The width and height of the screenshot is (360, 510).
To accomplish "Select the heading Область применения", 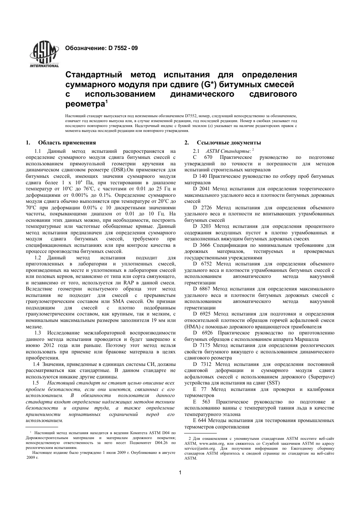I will click(x=67, y=143).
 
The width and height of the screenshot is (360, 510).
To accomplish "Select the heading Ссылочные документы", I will click(x=229, y=143).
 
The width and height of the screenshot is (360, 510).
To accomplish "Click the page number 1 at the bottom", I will click(x=180, y=472).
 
